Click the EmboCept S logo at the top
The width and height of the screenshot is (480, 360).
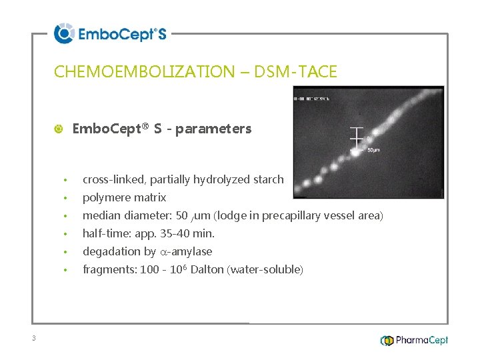[110, 33]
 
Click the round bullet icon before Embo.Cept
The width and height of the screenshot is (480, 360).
[58, 129]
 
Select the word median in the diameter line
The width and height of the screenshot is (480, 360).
[101, 215]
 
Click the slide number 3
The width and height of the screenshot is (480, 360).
[33, 338]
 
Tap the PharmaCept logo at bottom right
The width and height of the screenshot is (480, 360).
[414, 340]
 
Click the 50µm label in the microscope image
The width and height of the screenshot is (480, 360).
[374, 150]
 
